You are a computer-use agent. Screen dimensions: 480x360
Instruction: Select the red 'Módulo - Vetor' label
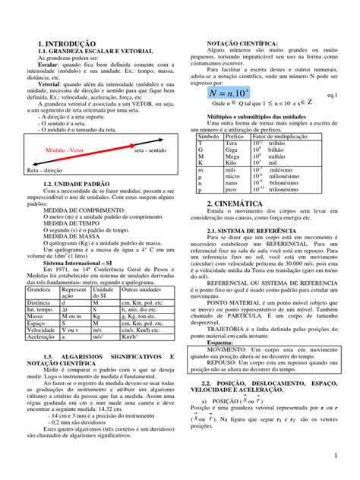click(x=67, y=151)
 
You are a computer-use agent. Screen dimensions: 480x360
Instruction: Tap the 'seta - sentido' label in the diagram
click(x=150, y=151)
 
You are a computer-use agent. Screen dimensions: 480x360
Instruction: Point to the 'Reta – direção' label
click(x=45, y=172)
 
